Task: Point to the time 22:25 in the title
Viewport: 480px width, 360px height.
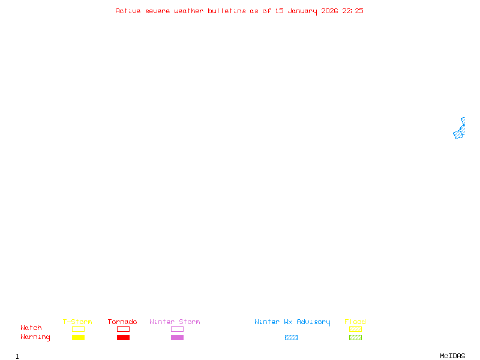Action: pyautogui.click(x=353, y=11)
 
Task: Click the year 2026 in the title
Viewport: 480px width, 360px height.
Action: pyautogui.click(x=329, y=11)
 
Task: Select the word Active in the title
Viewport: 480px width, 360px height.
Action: pyautogui.click(x=128, y=11)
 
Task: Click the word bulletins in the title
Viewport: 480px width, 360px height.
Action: pyautogui.click(x=227, y=11)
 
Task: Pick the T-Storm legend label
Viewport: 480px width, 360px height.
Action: pyautogui.click(x=77, y=322)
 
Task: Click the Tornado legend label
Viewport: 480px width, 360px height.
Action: pyautogui.click(x=122, y=322)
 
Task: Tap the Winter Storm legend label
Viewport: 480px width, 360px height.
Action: pyautogui.click(x=175, y=322)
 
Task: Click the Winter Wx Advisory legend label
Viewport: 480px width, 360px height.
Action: pyautogui.click(x=292, y=322)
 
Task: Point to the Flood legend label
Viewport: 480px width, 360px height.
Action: pyautogui.click(x=355, y=322)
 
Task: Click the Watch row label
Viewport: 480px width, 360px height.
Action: pyautogui.click(x=31, y=328)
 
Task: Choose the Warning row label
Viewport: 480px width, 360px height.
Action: pyautogui.click(x=35, y=337)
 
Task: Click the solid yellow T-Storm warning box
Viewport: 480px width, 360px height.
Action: pyautogui.click(x=78, y=338)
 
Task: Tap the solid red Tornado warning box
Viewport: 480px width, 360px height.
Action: pyautogui.click(x=123, y=338)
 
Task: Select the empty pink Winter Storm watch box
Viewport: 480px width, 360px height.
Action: pyautogui.click(x=177, y=329)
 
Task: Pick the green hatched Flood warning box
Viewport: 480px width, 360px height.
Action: pyautogui.click(x=355, y=338)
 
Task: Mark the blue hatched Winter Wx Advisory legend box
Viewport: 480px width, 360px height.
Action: pyautogui.click(x=291, y=338)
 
